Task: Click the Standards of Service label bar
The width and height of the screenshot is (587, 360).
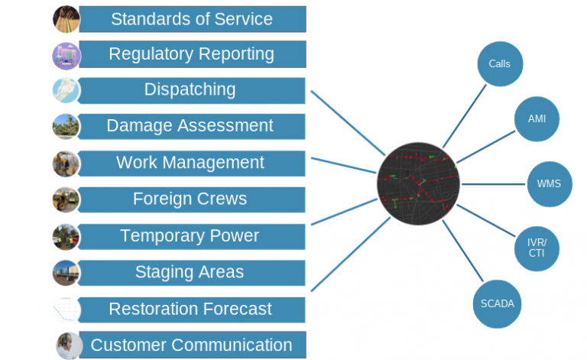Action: point(192,19)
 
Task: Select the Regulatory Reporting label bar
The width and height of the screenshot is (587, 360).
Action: point(192,54)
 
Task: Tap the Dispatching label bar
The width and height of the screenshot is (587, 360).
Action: point(192,89)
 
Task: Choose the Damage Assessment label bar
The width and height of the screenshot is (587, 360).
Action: point(192,126)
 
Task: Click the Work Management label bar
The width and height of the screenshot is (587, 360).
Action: point(192,163)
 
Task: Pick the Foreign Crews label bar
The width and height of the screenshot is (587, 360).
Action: point(192,199)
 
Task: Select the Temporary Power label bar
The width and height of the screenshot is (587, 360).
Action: point(192,236)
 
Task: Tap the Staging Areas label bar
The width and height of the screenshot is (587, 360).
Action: point(192,272)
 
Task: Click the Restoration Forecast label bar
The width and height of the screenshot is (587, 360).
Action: point(192,309)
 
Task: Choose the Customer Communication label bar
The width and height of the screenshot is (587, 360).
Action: point(192,345)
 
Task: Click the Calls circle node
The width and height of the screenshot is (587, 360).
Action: point(500,64)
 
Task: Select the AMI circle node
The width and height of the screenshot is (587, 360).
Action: point(537,119)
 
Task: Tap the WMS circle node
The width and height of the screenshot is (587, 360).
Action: point(549,184)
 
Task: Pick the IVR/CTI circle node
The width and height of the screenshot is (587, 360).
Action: point(536,248)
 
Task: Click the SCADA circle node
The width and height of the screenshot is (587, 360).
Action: point(498,303)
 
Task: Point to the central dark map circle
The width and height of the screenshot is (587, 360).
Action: point(419,183)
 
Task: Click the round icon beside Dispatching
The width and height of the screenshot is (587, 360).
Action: point(66,90)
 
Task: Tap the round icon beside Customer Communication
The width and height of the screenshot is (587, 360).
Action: point(69,345)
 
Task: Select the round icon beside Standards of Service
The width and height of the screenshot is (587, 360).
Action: point(66,19)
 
